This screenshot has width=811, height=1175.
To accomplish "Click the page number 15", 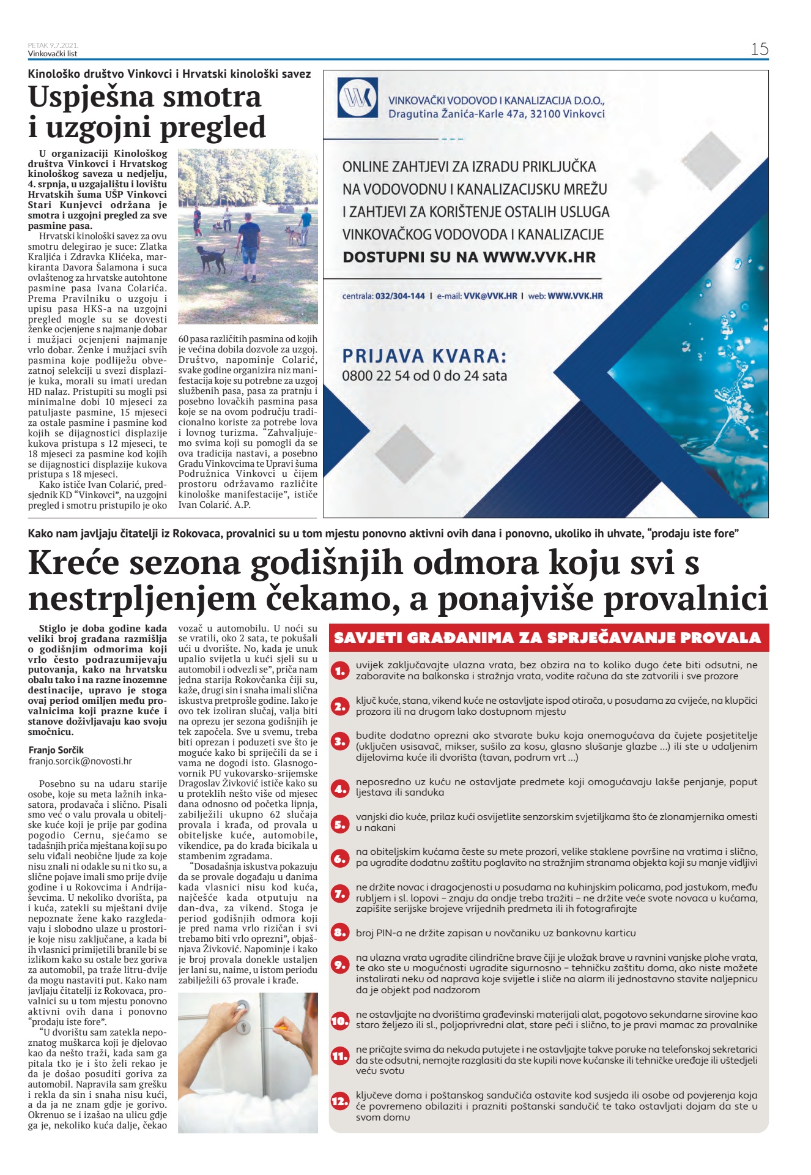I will click(x=759, y=50).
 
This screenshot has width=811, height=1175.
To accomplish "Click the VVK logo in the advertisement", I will click(x=357, y=97).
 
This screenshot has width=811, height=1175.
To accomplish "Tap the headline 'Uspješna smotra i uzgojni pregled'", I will click(x=147, y=113).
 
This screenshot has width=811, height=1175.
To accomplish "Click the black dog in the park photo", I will click(x=211, y=258).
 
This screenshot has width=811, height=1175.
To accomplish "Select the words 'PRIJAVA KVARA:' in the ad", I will click(x=424, y=356).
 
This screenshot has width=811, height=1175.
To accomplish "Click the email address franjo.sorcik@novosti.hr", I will click(x=80, y=761).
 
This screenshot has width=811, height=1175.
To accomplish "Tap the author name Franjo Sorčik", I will click(x=56, y=750).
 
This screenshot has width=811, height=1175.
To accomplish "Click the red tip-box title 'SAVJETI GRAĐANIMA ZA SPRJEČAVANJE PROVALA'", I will click(x=548, y=638).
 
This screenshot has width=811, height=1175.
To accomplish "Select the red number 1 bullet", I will click(x=340, y=671).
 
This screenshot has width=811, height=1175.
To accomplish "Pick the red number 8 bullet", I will click(x=340, y=933).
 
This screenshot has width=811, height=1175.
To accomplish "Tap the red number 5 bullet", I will click(x=340, y=824).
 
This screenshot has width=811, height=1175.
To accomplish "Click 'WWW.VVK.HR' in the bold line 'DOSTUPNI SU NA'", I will click(x=539, y=257).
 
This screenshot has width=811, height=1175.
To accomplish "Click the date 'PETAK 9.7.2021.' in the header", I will click(x=53, y=45).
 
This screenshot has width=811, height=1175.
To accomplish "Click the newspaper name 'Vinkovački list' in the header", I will click(x=53, y=54).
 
